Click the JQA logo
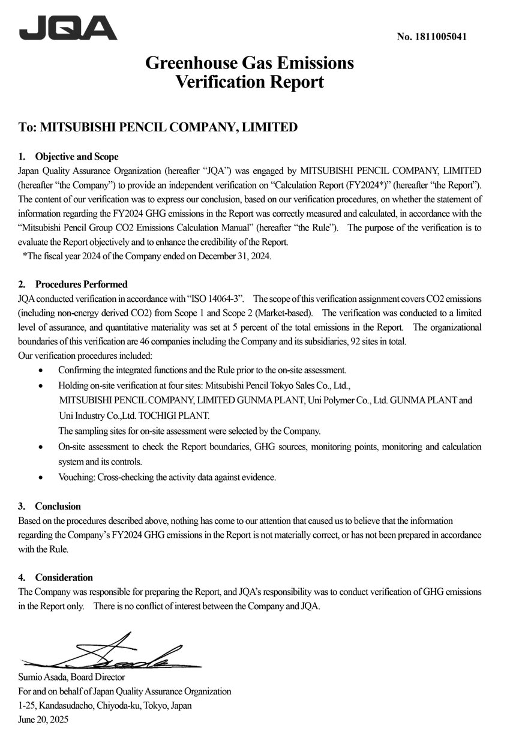pyautogui.click(x=68, y=28)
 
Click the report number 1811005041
pyautogui.click(x=431, y=37)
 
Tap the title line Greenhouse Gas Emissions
pyautogui.click(x=249, y=62)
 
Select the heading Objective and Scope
pyautogui.click(x=77, y=157)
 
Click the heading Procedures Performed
pyautogui.click(x=81, y=284)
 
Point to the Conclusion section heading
pyautogui.click(x=58, y=506)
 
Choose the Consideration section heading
pyautogui.click(x=64, y=577)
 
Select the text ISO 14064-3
pyautogui.click(x=217, y=299)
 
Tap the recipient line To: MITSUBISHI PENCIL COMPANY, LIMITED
pyautogui.click(x=158, y=127)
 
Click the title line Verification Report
pyautogui.click(x=249, y=82)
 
